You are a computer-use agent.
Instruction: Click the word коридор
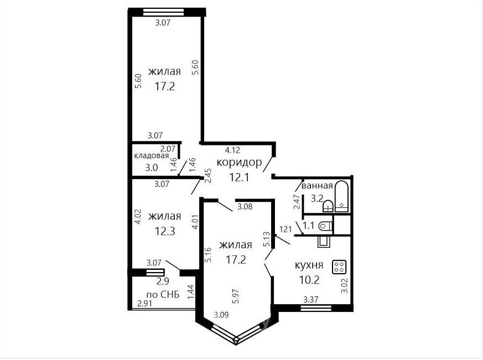coord(239,162)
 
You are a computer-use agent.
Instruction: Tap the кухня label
coord(309,265)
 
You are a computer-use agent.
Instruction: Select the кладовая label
coord(152,156)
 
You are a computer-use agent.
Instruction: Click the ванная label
coord(317,186)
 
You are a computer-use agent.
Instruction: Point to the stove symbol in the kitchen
coord(339,267)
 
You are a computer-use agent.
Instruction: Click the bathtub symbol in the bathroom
coord(341,196)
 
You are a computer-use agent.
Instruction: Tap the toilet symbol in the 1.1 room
coord(326,226)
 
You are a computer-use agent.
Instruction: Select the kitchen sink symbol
coord(324,242)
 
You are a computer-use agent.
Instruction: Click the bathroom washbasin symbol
coord(328,206)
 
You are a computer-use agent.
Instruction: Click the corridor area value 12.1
coord(239,178)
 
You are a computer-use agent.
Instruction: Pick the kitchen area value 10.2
coord(309,280)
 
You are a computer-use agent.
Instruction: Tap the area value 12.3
coord(165,231)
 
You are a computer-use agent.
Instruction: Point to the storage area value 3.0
coord(151,168)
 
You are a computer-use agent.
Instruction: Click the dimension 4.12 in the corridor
coord(232,150)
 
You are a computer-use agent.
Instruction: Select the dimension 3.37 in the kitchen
coord(311,299)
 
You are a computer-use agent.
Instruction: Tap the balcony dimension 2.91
coord(145,304)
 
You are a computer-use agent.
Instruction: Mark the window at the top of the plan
coord(164,12)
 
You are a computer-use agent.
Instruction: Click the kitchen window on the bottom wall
coord(316,308)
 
